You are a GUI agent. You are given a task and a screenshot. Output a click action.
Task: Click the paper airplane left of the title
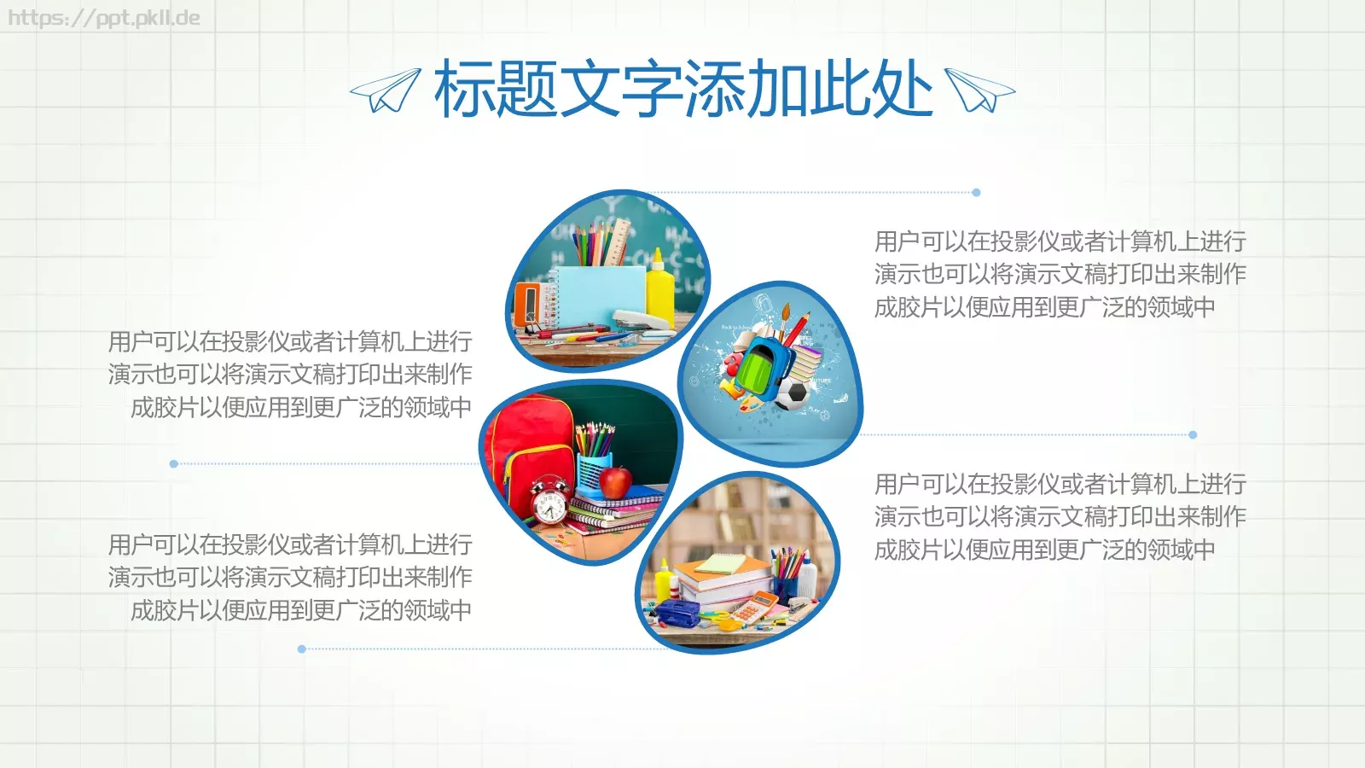click(x=386, y=90)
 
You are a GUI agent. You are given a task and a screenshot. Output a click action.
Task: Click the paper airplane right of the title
click(x=979, y=90)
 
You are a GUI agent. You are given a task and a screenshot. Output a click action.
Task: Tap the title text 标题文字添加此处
click(x=682, y=89)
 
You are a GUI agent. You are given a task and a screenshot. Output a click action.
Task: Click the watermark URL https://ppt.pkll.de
click(x=104, y=18)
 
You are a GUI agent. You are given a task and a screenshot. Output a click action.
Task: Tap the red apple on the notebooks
click(x=615, y=481)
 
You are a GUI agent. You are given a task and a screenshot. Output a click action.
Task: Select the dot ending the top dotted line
click(x=976, y=193)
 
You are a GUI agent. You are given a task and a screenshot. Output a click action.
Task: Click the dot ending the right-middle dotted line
click(x=1193, y=435)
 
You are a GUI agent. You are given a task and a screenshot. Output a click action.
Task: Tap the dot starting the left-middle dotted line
click(x=174, y=464)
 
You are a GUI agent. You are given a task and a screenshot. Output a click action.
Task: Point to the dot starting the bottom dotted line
click(x=302, y=649)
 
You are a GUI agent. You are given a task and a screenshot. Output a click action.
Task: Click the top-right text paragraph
click(x=1060, y=274)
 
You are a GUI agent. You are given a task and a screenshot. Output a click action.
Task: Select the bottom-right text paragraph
click(x=1060, y=516)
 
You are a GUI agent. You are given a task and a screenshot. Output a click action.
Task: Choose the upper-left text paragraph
click(x=290, y=374)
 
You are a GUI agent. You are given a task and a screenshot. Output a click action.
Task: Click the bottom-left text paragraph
click(x=290, y=577)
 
